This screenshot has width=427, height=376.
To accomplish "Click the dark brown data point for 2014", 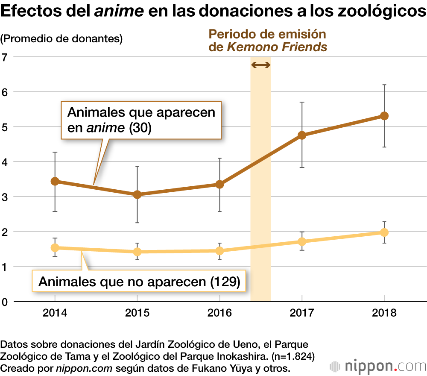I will click(55, 181).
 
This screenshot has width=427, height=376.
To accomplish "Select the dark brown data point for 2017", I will click(302, 135).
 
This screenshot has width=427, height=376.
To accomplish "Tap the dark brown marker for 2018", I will click(384, 116).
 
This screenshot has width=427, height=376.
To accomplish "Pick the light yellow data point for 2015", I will click(137, 252).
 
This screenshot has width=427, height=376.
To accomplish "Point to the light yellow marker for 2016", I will click(219, 250).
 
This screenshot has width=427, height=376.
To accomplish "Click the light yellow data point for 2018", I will click(384, 232).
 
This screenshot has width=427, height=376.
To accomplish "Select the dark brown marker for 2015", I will click(137, 194).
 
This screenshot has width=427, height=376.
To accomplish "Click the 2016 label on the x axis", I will click(219, 313).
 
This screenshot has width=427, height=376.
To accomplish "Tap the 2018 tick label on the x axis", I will click(384, 313).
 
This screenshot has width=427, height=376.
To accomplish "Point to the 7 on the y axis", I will click(5, 57).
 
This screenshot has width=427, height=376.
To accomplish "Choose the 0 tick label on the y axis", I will click(5, 302).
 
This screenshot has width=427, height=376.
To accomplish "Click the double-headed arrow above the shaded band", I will click(260, 65).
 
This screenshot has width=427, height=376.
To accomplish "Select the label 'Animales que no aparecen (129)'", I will click(139, 282).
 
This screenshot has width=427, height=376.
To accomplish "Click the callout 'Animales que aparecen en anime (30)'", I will click(141, 120).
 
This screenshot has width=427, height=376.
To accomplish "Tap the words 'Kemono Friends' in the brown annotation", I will click(277, 47).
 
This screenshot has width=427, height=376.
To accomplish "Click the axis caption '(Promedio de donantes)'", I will click(62, 39).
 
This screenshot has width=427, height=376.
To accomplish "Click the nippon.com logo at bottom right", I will click(378, 366).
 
